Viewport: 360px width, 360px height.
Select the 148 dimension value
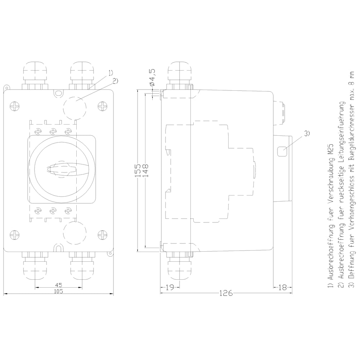[145, 170]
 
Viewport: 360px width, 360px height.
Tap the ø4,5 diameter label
[152, 77]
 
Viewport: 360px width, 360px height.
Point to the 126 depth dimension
[226, 293]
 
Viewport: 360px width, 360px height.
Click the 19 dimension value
[170, 287]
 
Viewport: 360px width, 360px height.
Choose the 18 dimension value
[282, 287]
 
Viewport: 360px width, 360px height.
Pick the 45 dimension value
[59, 285]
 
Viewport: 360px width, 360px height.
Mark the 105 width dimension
[58, 291]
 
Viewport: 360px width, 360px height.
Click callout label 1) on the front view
[111, 73]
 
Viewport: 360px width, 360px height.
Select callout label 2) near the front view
[115, 81]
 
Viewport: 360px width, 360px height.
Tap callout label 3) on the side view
[307, 134]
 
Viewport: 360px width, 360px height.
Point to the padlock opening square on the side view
[282, 152]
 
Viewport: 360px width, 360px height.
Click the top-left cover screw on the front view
[15, 106]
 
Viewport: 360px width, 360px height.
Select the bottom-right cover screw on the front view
[102, 235]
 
